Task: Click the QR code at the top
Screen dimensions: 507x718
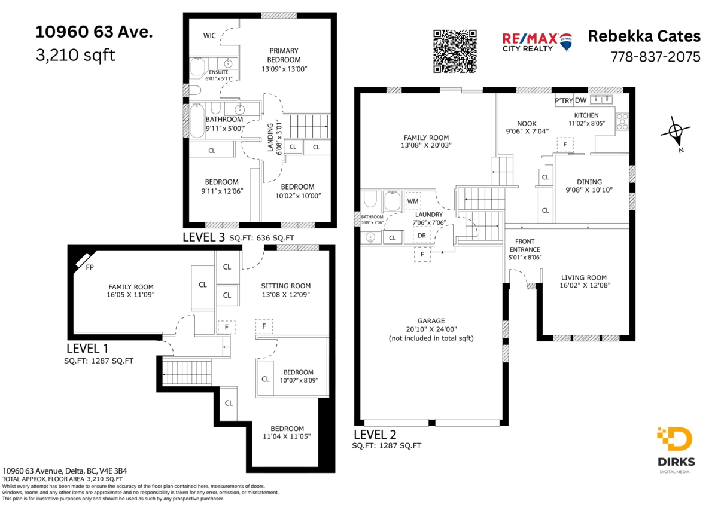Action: click(x=455, y=51)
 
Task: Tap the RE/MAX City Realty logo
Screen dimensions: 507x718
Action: click(x=537, y=42)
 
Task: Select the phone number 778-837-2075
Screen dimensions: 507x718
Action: click(x=655, y=57)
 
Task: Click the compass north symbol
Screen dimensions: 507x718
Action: click(x=675, y=132)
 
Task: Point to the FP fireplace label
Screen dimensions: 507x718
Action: click(x=90, y=267)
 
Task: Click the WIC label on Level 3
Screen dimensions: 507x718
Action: click(x=209, y=36)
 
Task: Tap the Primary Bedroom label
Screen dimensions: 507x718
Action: click(x=284, y=60)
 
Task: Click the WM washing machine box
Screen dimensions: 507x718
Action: click(x=412, y=201)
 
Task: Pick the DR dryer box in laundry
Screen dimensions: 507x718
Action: click(x=422, y=236)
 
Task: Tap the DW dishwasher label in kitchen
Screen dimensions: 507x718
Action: click(x=580, y=100)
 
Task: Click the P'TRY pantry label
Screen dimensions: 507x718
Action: click(x=564, y=100)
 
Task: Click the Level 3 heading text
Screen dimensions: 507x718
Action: click(x=203, y=237)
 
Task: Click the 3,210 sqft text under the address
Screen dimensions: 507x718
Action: click(x=76, y=56)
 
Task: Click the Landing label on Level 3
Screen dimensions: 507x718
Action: click(x=270, y=138)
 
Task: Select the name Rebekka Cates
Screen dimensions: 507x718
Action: click(x=644, y=36)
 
